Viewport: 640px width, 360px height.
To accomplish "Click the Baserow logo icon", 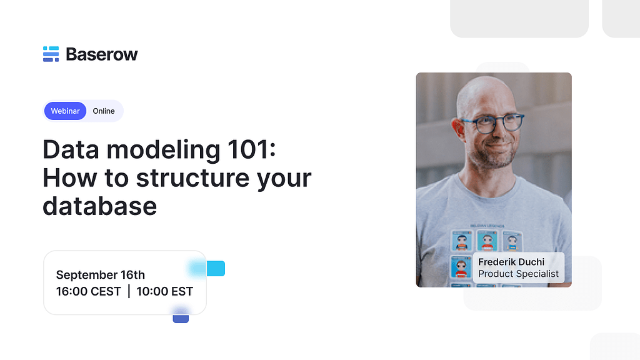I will pos(51,54).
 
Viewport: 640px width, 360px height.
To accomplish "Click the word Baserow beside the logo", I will pos(101,54).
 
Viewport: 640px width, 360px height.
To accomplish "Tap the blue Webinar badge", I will pos(65,111).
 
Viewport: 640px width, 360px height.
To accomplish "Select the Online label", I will pos(104,111).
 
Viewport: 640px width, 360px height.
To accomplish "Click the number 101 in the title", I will pos(249,151).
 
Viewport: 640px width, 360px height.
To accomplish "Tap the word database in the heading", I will pos(99,206).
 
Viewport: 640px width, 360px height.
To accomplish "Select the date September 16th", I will pos(101,275).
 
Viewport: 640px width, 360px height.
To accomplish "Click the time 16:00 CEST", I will pos(88,291).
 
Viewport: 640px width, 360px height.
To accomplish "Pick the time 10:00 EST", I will pos(165,291).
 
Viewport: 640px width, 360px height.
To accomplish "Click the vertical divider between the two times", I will pos(129,291).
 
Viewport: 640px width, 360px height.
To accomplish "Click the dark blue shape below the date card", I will pos(181,317).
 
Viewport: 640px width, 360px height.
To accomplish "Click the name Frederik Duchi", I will pos(511,262).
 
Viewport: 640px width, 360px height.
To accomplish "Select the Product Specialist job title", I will pos(518,274).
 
